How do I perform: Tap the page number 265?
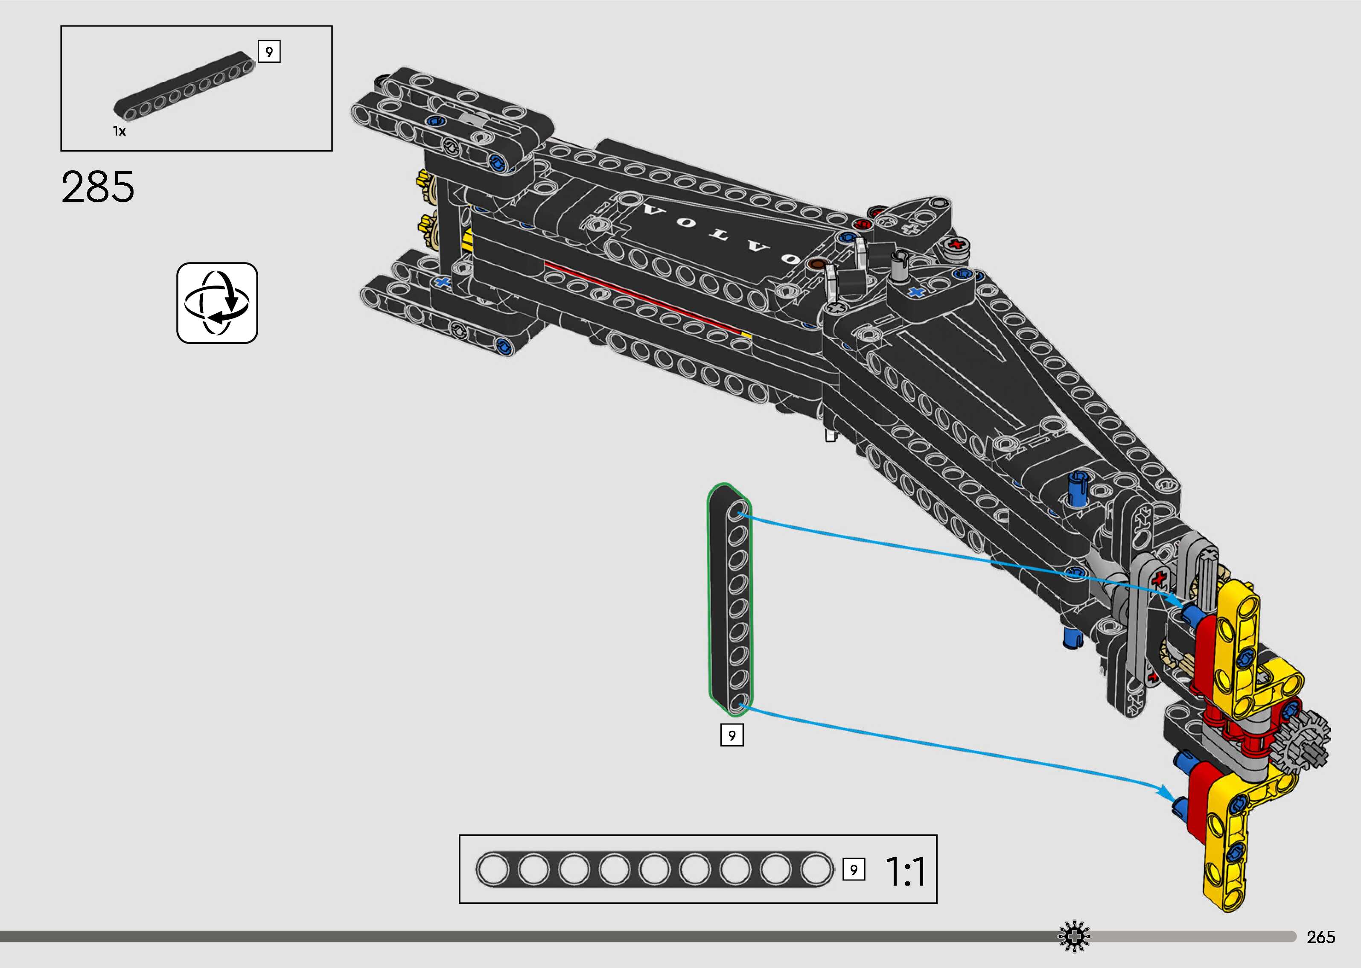click(1320, 937)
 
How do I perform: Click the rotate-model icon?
click(217, 303)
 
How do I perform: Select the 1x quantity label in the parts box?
click(119, 131)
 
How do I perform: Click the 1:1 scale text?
click(905, 872)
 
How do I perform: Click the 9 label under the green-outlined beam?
click(732, 735)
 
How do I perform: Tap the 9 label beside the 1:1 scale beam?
click(853, 870)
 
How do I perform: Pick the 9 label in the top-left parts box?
click(269, 52)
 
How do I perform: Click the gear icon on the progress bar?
click(1074, 936)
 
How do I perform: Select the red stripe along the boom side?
click(644, 297)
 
